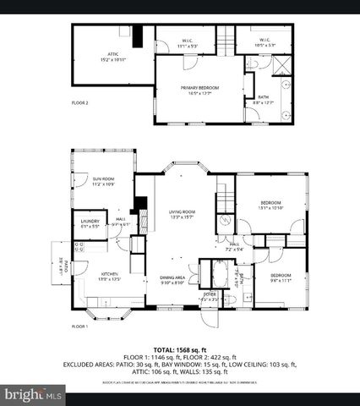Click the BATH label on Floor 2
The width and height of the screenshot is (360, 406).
point(264,99)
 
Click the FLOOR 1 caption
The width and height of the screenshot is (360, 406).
point(80,326)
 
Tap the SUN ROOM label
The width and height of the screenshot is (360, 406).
point(104,181)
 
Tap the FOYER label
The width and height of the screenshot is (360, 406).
point(209,296)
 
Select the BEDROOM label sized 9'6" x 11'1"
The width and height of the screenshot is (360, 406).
point(281,277)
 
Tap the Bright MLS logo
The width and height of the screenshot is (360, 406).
point(34,394)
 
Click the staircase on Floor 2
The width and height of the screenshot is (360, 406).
point(226,40)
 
